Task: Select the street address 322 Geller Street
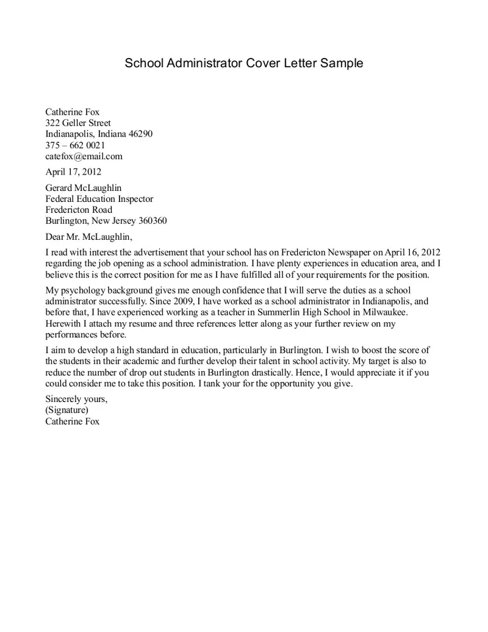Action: click(78, 123)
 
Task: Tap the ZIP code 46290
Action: click(140, 134)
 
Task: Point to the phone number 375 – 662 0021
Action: click(75, 145)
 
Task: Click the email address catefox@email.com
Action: click(84, 156)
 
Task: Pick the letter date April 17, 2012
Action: click(73, 171)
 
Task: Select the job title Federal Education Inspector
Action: click(99, 199)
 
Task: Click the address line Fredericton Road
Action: click(79, 210)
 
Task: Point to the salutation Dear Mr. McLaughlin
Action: click(88, 237)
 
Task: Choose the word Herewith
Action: click(65, 323)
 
